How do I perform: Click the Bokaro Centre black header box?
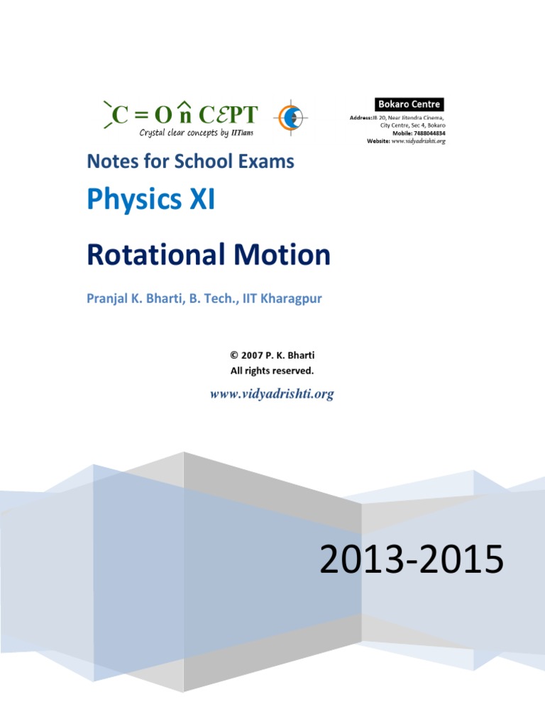click(x=409, y=105)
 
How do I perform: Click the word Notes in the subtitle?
click(x=110, y=161)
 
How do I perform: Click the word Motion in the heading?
click(x=287, y=255)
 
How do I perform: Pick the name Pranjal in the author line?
click(x=109, y=298)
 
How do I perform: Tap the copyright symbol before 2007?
click(x=234, y=355)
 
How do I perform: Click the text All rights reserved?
click(x=272, y=370)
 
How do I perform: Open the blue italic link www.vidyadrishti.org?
click(x=272, y=393)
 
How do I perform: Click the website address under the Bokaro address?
click(x=418, y=141)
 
